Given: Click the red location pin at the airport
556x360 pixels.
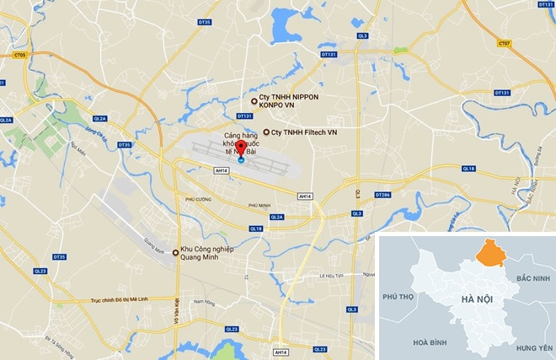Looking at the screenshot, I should (241, 145).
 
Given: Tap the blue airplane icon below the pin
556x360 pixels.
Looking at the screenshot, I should (241, 159).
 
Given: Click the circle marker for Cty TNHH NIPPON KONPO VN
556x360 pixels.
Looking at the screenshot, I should (254, 101).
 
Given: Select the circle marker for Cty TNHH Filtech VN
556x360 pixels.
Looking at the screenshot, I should (267, 132).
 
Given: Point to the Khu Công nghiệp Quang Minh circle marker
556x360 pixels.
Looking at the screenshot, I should (175, 252).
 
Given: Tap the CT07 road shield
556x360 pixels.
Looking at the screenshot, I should (504, 43).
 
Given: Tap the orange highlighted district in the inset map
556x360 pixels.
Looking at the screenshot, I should (489, 252).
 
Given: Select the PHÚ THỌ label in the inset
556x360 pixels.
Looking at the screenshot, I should (400, 298).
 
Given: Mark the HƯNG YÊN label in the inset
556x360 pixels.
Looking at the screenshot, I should (534, 347).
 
